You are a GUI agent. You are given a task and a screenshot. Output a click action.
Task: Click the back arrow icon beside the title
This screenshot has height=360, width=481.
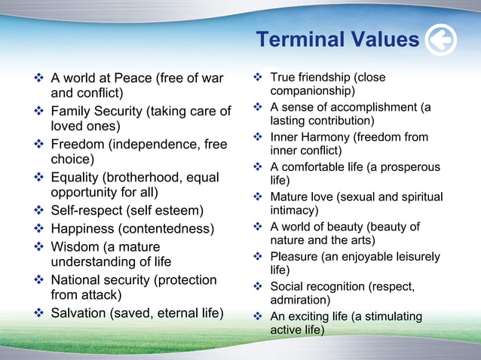441,40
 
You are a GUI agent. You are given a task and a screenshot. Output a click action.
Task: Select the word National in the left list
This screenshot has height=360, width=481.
78,279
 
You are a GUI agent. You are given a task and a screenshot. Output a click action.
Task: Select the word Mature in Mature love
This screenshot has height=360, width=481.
290,197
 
